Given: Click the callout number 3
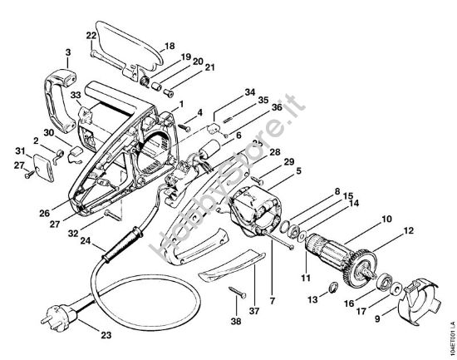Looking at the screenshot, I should coord(67,52).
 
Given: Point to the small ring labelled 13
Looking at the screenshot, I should coord(331,288).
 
